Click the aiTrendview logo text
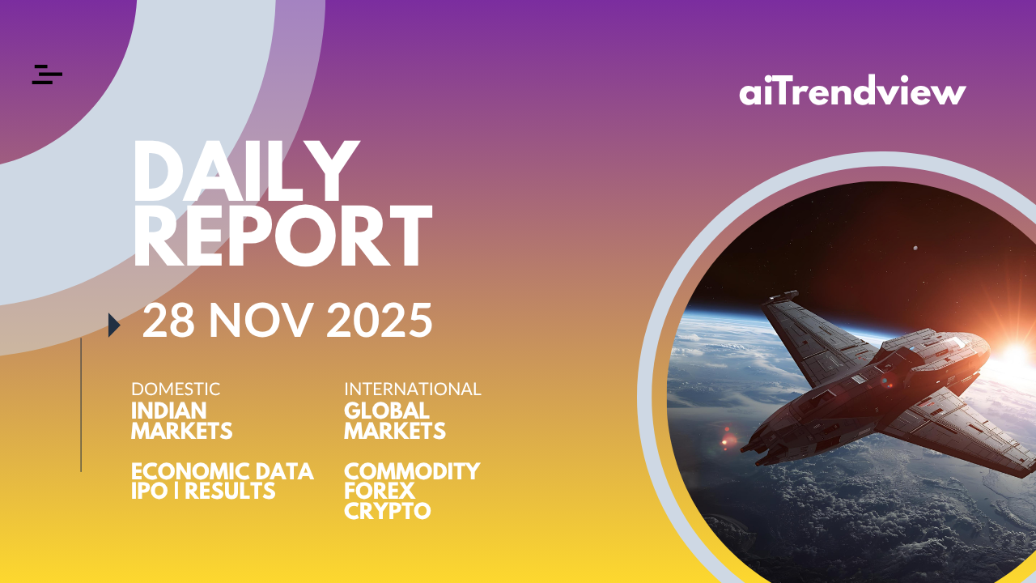852,90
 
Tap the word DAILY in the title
247,172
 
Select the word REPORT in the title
283,236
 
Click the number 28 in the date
168,320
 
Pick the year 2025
380,320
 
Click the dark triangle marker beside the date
114,325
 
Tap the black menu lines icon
47,74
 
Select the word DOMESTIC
176,389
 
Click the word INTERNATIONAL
413,389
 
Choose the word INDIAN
169,411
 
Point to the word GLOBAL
387,411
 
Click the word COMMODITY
412,471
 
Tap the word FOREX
380,491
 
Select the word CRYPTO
387,511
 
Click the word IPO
150,491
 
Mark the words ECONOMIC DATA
223,471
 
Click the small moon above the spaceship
915,249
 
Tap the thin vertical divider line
81,405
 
